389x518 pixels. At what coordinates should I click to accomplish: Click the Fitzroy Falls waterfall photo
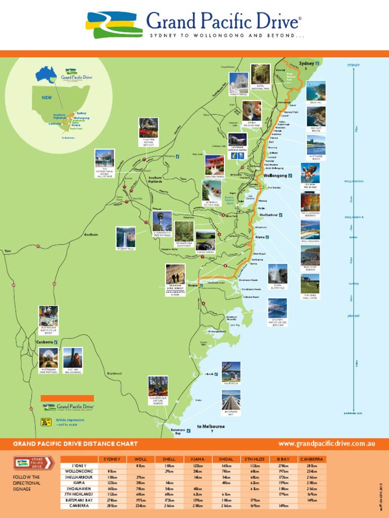pyautogui.click(x=126, y=236)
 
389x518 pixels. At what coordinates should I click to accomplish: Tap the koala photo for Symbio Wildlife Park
pyautogui.click(x=252, y=110)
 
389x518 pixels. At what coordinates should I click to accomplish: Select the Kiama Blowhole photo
pyautogui.click(x=278, y=273)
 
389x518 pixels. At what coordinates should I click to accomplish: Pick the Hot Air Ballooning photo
pyautogui.click(x=73, y=357)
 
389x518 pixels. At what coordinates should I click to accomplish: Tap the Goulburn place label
pyautogui.click(x=91, y=235)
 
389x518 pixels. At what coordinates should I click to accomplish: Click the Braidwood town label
pyautogui.click(x=114, y=374)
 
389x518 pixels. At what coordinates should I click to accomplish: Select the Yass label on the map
pyautogui.click(x=8, y=251)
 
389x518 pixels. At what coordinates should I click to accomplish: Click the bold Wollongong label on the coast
pyautogui.click(x=276, y=176)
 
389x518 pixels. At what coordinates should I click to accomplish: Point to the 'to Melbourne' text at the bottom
pyautogui.click(x=210, y=426)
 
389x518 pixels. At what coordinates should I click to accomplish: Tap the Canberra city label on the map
pyautogui.click(x=45, y=342)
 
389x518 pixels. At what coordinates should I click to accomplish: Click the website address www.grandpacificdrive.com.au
pyautogui.click(x=327, y=444)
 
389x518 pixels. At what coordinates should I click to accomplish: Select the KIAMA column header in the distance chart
pyautogui.click(x=197, y=459)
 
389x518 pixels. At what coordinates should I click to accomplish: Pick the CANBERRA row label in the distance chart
pyautogui.click(x=79, y=505)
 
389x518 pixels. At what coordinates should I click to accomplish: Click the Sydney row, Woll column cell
pyautogui.click(x=140, y=465)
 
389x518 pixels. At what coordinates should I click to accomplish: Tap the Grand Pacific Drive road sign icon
pyautogui.click(x=34, y=463)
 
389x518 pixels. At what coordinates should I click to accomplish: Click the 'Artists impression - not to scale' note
pyautogui.click(x=70, y=422)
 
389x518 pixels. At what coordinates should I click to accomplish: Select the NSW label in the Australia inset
pyautogui.click(x=47, y=97)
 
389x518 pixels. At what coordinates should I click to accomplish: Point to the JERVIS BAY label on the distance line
pyautogui.click(x=353, y=316)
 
